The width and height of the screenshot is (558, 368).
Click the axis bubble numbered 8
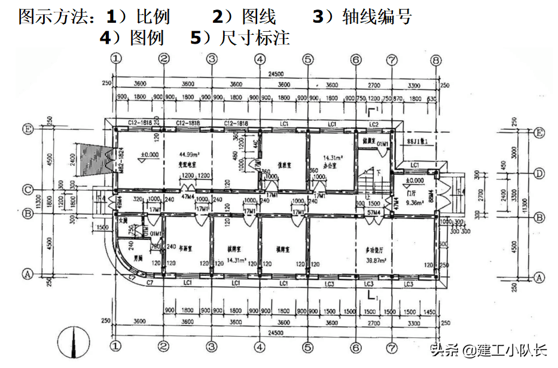point(436,59)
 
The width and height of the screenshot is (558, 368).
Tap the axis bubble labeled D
point(539,174)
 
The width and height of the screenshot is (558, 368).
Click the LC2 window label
point(373,124)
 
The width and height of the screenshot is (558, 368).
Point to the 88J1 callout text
point(417,142)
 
